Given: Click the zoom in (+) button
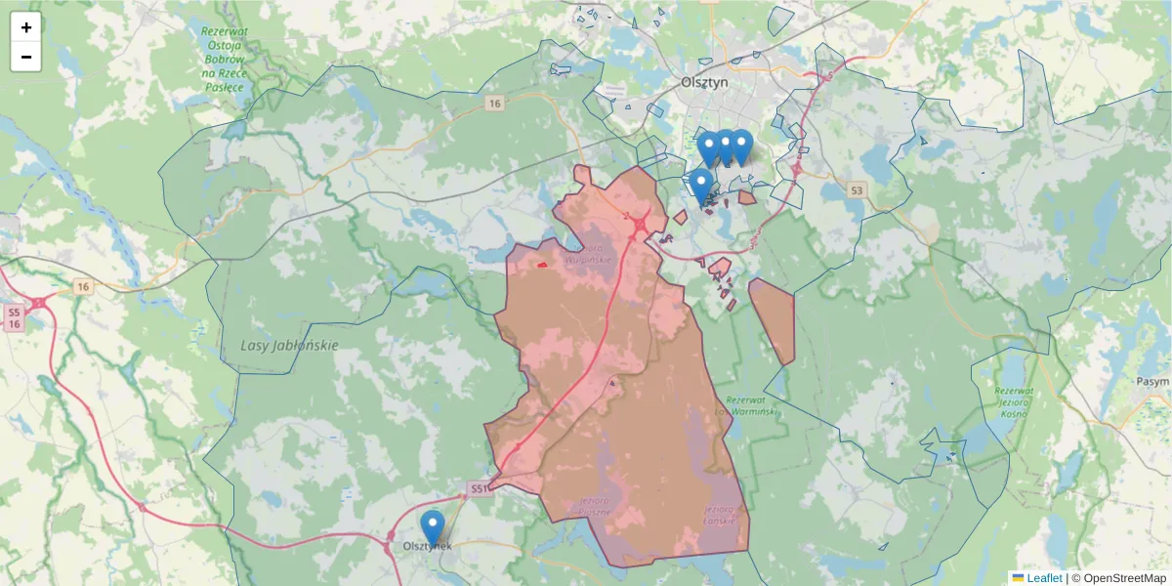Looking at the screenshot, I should (26, 27).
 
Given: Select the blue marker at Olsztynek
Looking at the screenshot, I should (432, 528).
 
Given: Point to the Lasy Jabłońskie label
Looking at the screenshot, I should (289, 346).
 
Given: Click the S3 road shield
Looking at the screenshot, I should (857, 190).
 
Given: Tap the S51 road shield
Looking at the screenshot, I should (478, 487).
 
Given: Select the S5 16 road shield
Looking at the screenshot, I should (14, 317).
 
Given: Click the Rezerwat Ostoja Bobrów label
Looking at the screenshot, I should (224, 59).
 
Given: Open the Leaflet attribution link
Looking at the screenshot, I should (1043, 578).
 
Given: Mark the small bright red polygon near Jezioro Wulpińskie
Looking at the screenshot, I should (541, 264).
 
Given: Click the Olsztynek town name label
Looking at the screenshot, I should (427, 546).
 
